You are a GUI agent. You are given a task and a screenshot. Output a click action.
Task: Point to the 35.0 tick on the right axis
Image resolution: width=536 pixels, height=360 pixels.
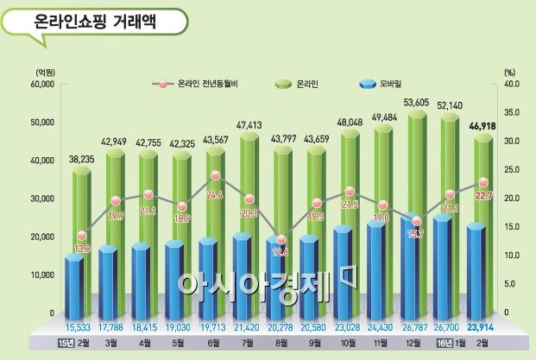tap(512, 113)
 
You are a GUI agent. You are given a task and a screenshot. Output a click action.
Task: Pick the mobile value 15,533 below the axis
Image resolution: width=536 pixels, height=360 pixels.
tap(74, 327)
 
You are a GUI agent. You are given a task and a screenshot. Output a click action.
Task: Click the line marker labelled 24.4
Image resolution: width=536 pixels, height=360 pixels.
tap(215, 176)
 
